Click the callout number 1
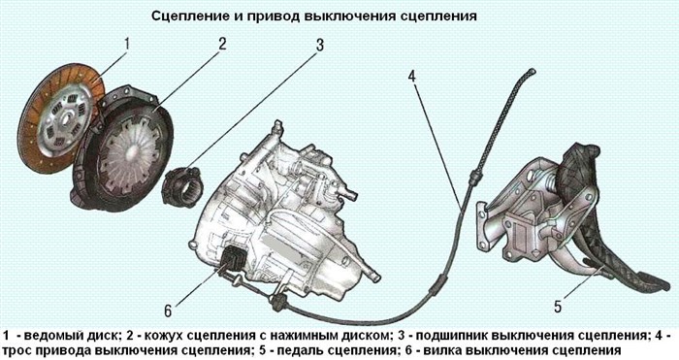(x=125, y=44)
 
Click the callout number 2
(x=222, y=44)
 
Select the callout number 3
(x=319, y=47)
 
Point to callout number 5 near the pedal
(x=557, y=307)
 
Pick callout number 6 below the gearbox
(x=168, y=311)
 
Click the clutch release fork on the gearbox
(x=233, y=259)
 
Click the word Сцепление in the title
(x=190, y=16)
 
